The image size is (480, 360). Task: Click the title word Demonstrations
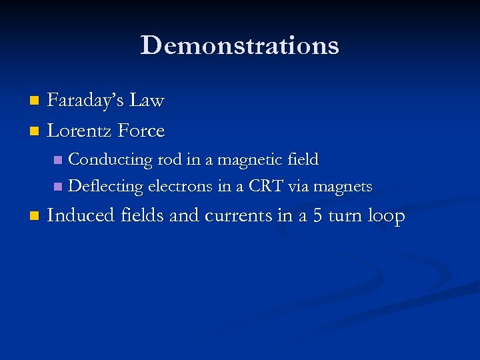coord(240,45)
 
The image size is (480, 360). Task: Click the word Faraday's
coord(86,101)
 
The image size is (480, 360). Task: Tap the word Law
coord(147,101)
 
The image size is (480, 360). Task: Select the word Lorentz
coord(80,131)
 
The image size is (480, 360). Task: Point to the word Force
coord(141,131)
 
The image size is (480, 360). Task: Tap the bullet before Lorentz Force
coord(35,132)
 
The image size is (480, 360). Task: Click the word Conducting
coord(111,160)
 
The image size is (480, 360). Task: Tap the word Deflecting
coord(105,187)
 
